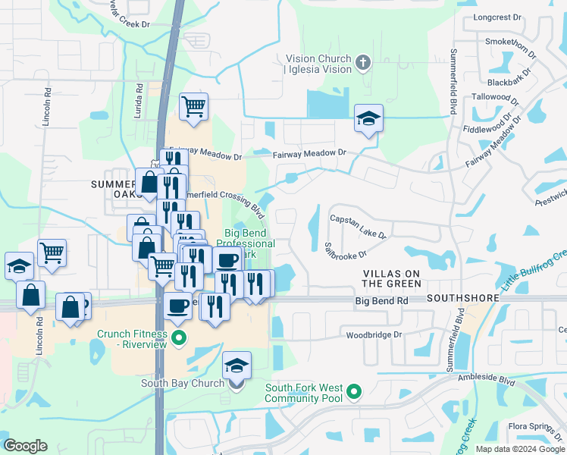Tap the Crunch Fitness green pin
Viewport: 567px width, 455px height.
tap(179, 337)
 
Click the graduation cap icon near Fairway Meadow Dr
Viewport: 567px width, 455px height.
tap(368, 118)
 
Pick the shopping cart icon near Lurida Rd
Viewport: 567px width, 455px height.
tap(193, 106)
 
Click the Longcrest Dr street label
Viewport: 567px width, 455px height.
tap(497, 16)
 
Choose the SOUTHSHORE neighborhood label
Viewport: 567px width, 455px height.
tap(463, 298)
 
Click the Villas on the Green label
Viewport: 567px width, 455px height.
tap(391, 278)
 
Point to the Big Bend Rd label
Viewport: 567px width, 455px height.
tap(382, 301)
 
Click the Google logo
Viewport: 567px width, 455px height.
tap(25, 446)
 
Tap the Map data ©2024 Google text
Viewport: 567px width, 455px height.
tap(520, 449)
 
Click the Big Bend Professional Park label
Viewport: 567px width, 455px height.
tap(246, 243)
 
